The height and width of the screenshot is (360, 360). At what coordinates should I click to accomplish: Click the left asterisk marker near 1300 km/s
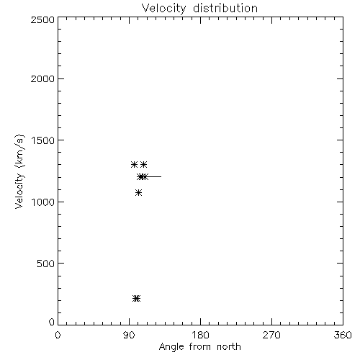click(x=134, y=164)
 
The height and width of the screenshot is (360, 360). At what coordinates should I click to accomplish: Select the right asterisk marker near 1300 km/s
click(x=143, y=164)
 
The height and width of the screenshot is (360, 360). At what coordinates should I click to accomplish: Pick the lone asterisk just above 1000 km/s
click(x=138, y=192)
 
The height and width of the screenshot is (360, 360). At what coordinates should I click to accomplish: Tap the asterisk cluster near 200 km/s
click(x=137, y=299)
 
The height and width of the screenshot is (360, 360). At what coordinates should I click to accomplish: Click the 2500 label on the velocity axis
click(x=42, y=19)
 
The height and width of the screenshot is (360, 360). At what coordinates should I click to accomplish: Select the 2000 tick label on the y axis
click(x=42, y=79)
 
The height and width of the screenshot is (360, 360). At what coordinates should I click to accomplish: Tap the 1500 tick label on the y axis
click(x=42, y=140)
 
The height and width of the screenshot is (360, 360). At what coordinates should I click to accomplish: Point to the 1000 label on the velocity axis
click(x=42, y=202)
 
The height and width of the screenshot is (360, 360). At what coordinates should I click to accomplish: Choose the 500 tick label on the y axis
click(x=46, y=264)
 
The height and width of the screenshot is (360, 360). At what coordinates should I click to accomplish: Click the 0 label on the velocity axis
click(x=52, y=322)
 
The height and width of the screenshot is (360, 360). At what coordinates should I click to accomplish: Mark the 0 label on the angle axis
click(x=58, y=335)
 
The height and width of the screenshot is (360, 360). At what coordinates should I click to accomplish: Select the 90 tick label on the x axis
click(x=129, y=335)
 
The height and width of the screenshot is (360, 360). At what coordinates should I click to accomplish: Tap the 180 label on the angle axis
click(x=200, y=335)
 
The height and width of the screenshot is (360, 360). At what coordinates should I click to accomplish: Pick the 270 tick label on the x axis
click(x=271, y=335)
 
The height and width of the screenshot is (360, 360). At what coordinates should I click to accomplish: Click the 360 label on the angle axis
click(x=343, y=335)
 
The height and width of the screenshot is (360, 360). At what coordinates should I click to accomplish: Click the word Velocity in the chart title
click(x=164, y=9)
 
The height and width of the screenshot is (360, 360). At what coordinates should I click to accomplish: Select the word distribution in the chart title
click(x=225, y=8)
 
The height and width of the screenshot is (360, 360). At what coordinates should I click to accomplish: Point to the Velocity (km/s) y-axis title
click(x=19, y=171)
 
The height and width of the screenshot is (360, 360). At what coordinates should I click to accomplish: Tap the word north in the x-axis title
click(x=229, y=346)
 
